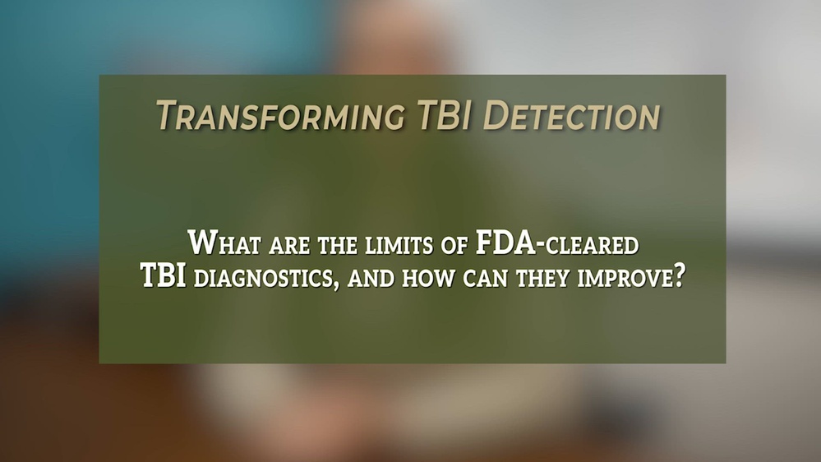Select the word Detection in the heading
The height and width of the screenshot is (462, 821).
[x=572, y=116]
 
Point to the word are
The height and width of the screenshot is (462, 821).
[x=281, y=245]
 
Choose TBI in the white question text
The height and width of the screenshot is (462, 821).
[x=164, y=277]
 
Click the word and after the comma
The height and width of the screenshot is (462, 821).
[x=372, y=278]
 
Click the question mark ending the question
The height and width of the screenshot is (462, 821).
[x=680, y=277]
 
